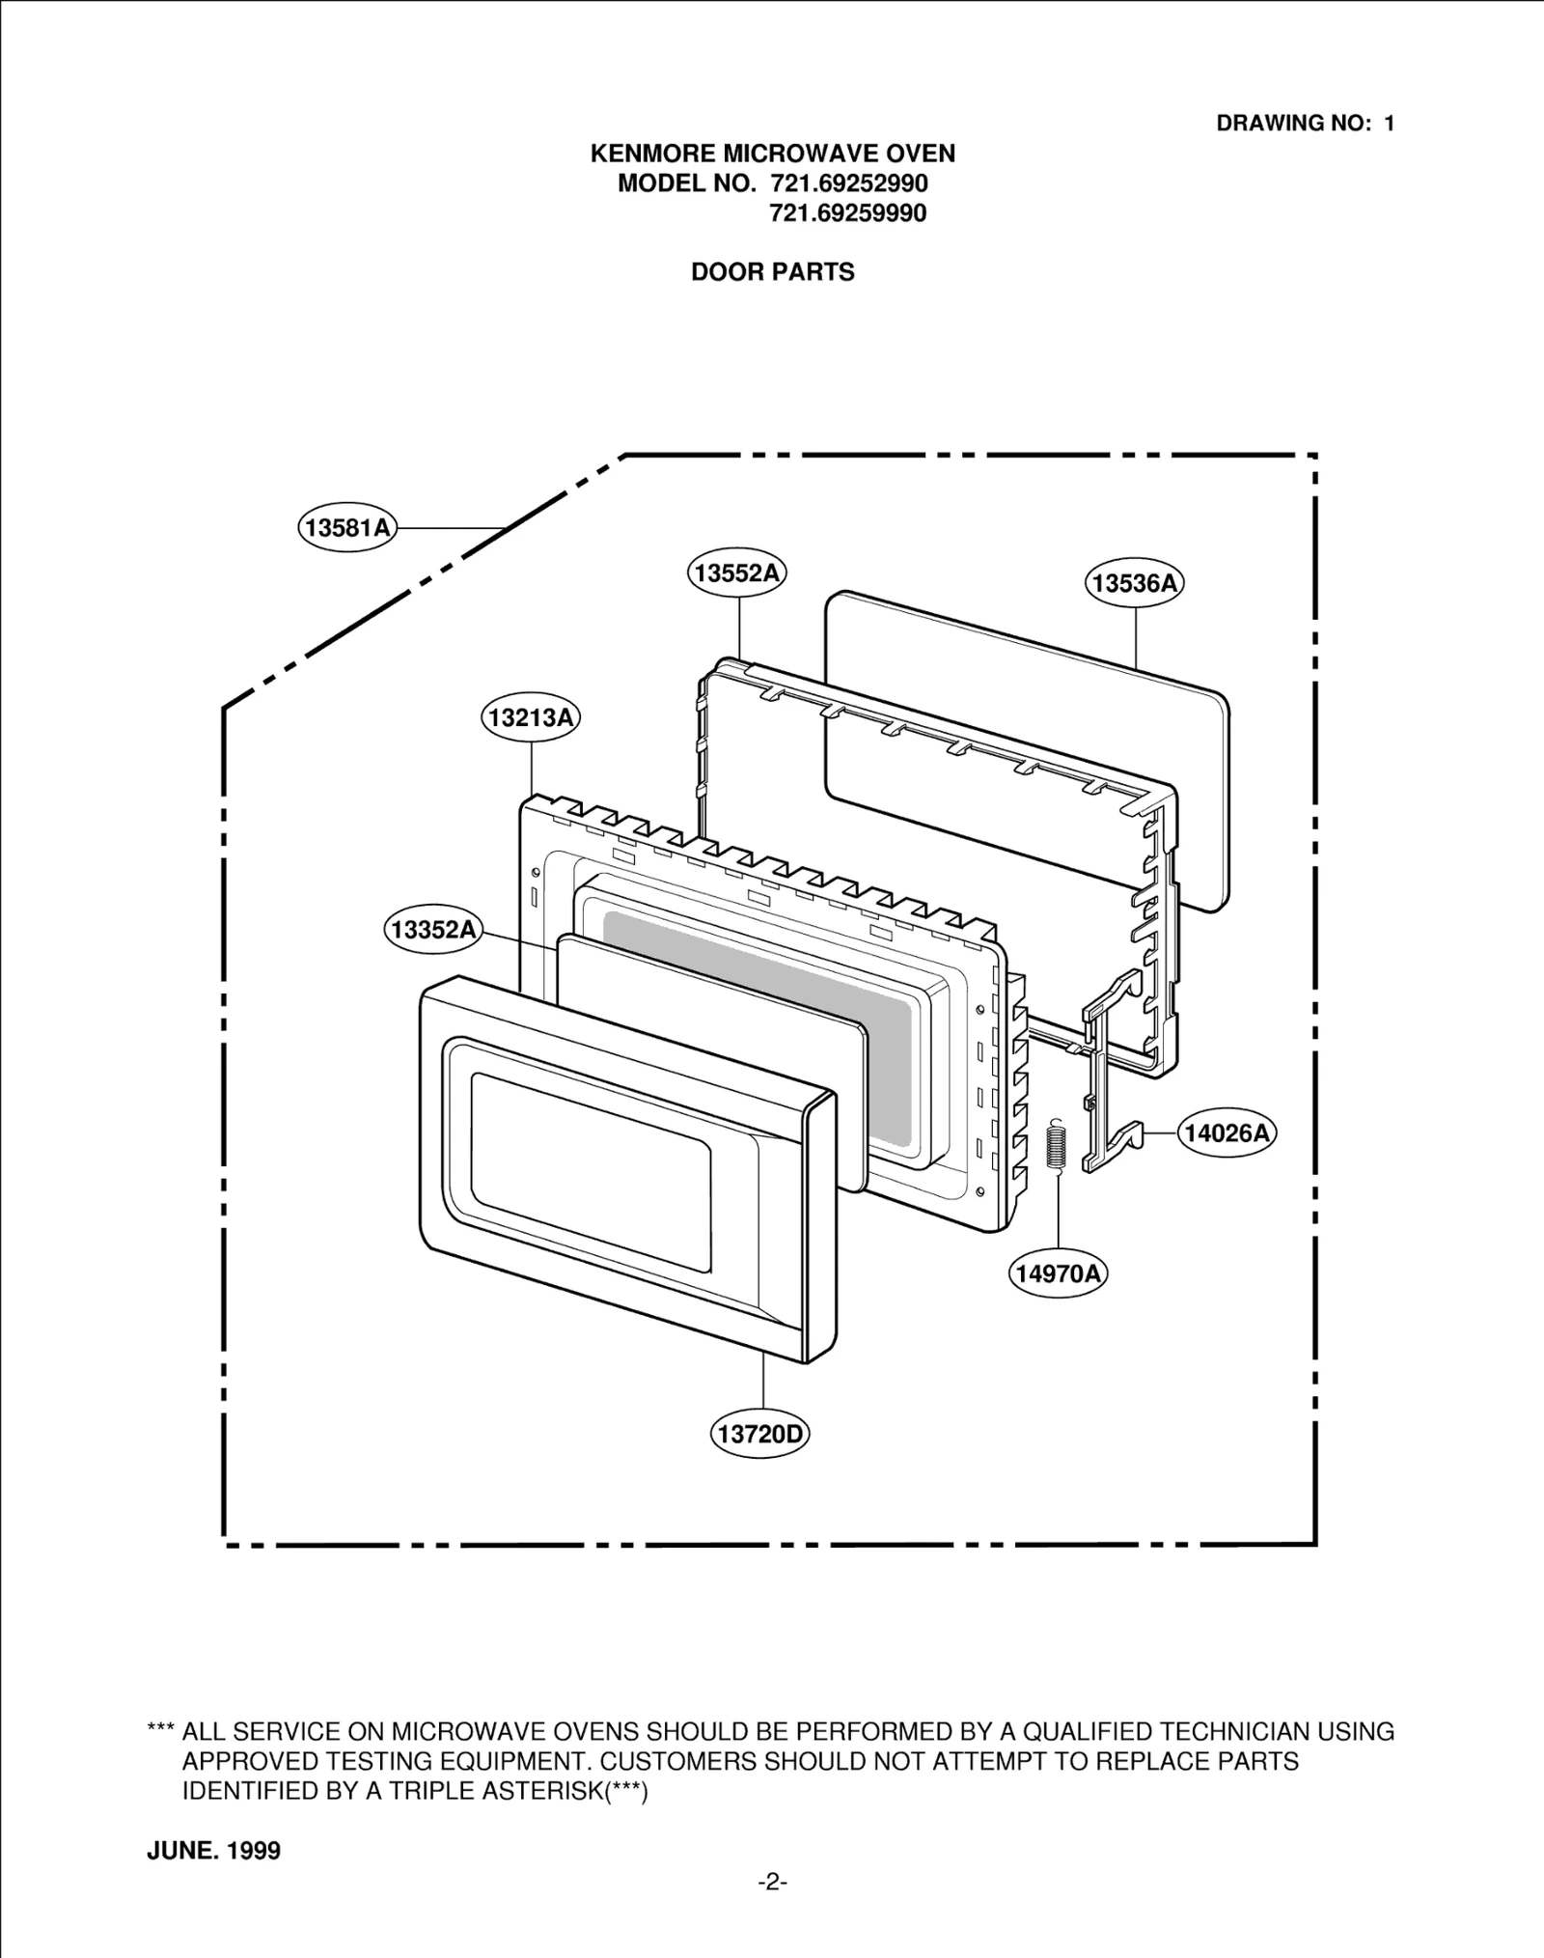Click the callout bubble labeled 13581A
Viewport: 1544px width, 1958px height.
[347, 527]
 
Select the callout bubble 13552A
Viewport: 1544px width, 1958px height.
[736, 573]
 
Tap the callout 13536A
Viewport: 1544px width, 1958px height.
[1136, 582]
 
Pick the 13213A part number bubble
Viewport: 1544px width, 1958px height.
[531, 718]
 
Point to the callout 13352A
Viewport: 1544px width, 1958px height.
[434, 930]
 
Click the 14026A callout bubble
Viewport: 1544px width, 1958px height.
[1227, 1133]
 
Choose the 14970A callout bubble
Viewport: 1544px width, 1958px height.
[1059, 1273]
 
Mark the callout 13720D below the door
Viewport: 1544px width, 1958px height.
[760, 1433]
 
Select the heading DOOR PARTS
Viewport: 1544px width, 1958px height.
[772, 272]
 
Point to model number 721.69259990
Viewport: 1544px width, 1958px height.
[847, 213]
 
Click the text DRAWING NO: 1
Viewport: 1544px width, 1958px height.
[1305, 124]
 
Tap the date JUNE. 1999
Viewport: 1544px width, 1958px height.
[213, 1850]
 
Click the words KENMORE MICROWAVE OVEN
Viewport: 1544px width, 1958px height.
[772, 154]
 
